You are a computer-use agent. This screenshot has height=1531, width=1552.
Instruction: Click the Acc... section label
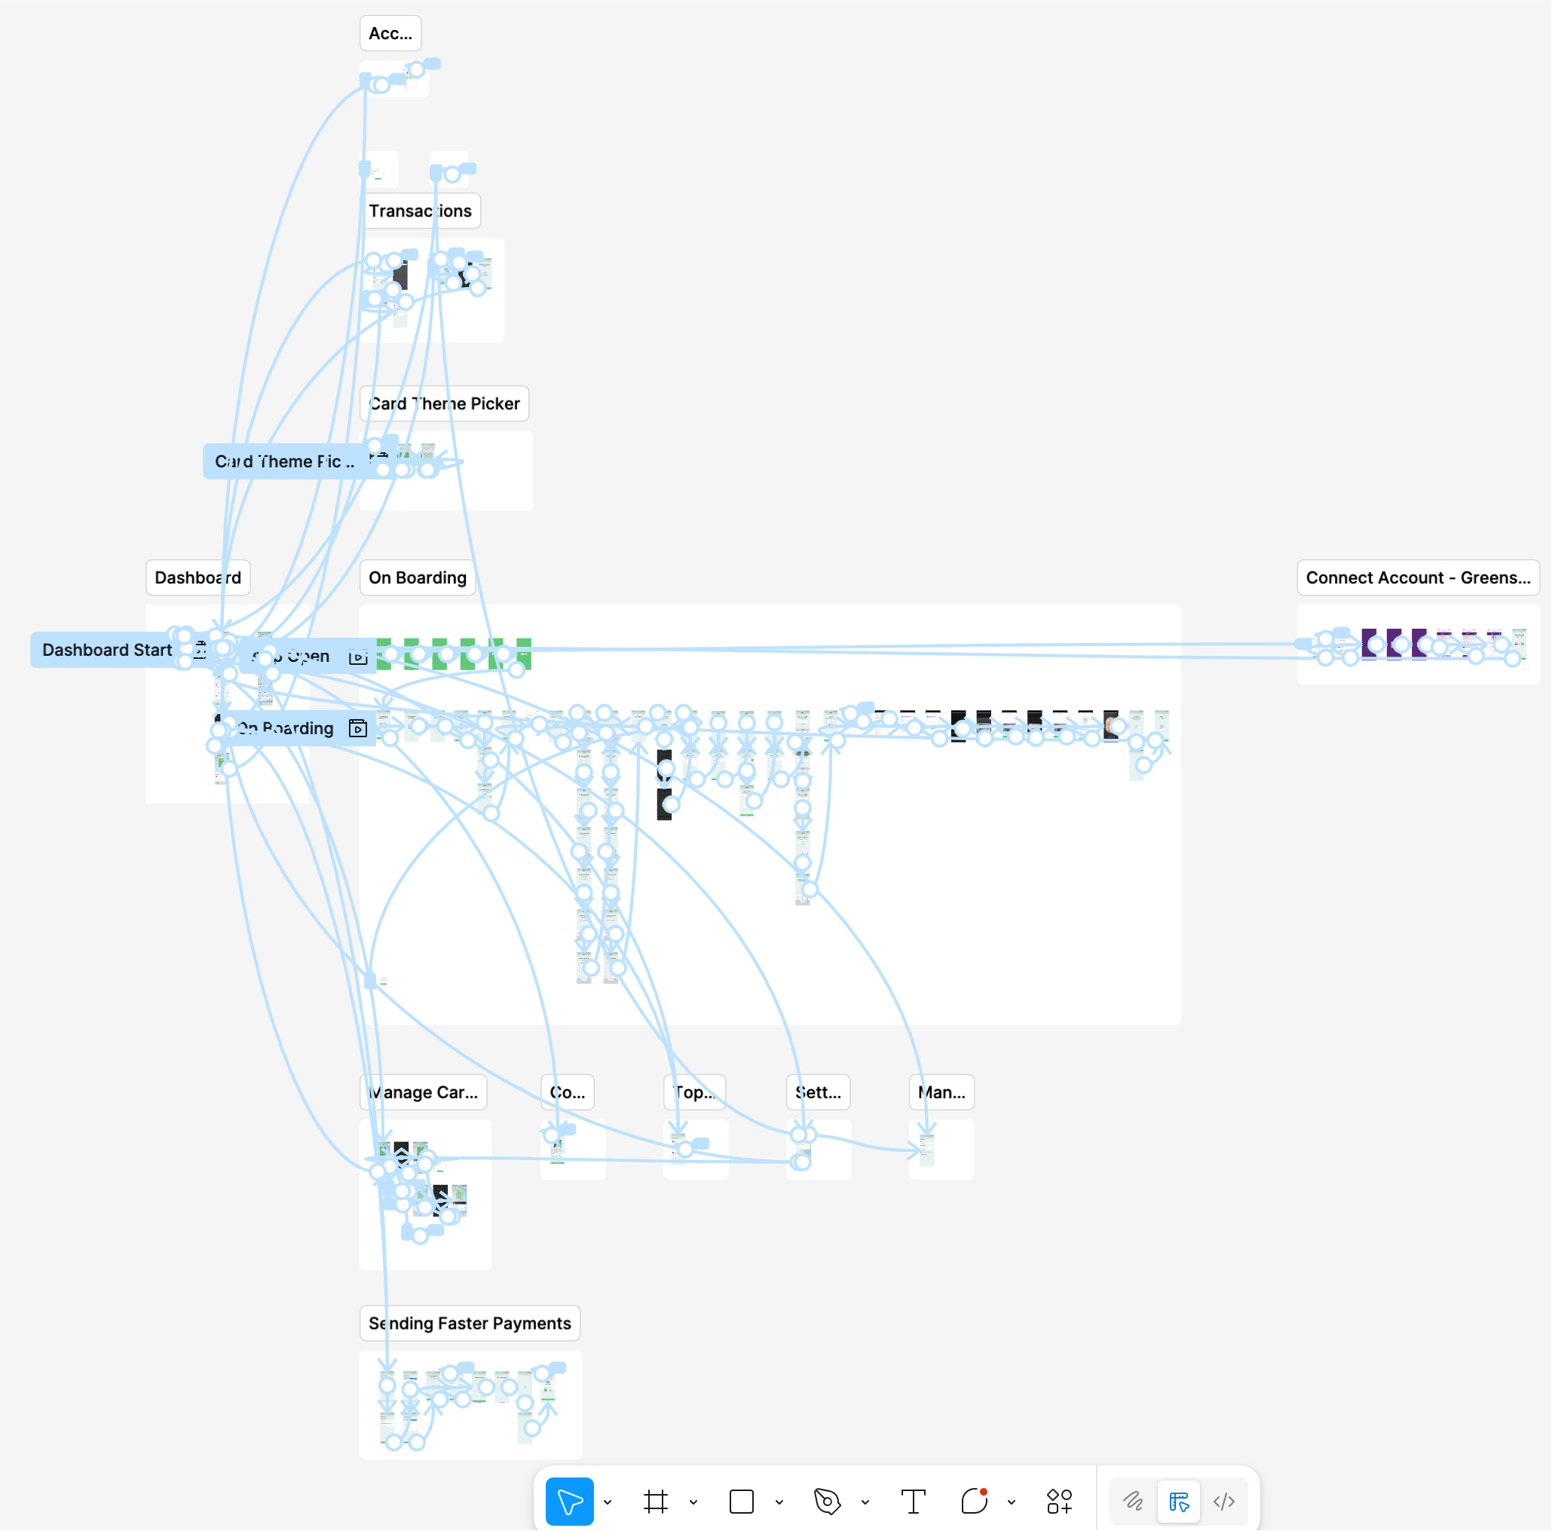coord(390,34)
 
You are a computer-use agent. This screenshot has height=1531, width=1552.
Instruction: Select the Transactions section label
coord(420,211)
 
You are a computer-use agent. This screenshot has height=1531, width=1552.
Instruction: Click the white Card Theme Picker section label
coord(444,404)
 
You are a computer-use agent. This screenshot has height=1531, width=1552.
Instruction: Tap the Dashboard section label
coord(197,578)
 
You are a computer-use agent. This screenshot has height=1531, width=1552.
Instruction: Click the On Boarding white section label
coord(417,578)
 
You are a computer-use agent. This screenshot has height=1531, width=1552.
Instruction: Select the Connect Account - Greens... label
coord(1417,578)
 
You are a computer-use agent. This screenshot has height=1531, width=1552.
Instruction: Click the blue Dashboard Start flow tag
coord(107,651)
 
